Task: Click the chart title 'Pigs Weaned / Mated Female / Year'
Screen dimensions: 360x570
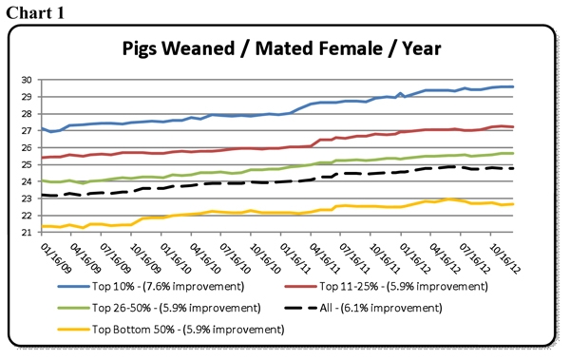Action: [x=285, y=48]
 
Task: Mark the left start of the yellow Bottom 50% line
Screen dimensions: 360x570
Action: [x=43, y=226]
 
